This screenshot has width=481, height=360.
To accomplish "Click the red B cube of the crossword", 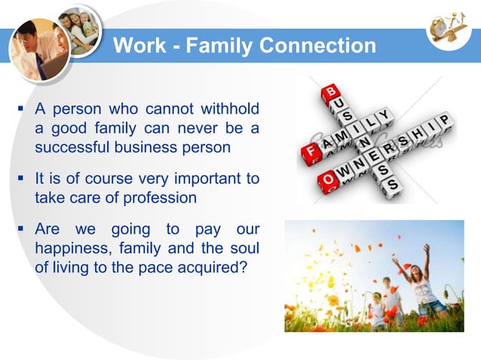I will click(x=329, y=93).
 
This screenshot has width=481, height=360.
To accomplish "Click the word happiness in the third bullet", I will click(x=74, y=248).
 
